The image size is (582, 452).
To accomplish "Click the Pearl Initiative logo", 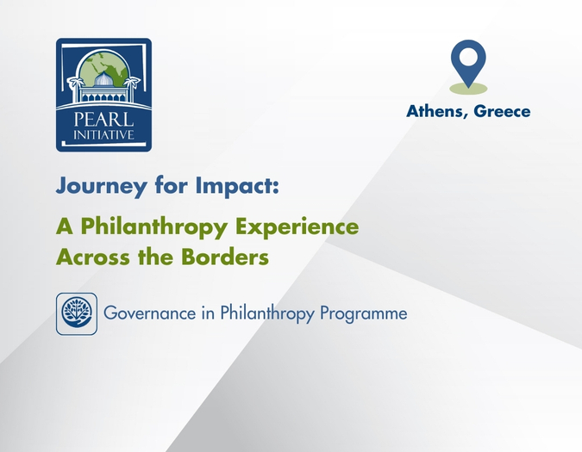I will [x=103, y=95].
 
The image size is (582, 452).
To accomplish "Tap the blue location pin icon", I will [x=468, y=60].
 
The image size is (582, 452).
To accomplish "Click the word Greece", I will [x=501, y=111].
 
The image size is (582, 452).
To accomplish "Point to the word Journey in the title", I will [x=94, y=187].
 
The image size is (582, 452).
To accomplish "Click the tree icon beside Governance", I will [x=77, y=313].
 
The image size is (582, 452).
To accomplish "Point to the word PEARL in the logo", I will [x=103, y=118].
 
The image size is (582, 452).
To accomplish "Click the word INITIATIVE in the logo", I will [x=103, y=134].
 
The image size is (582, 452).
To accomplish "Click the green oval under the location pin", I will [x=468, y=88].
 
